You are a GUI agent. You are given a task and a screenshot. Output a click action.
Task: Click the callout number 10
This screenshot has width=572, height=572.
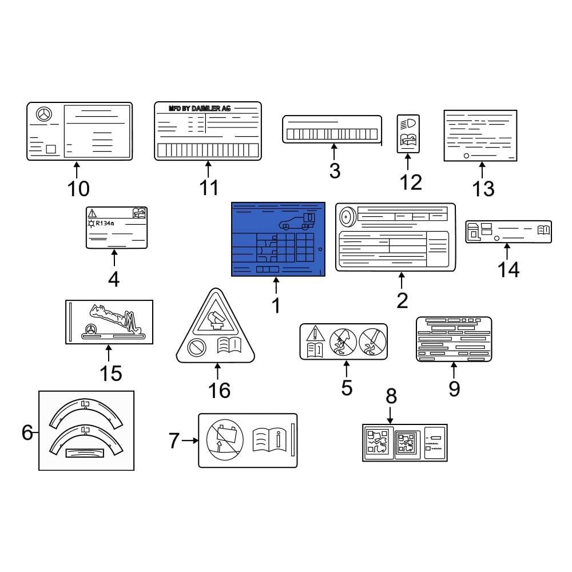pyautogui.click(x=78, y=188)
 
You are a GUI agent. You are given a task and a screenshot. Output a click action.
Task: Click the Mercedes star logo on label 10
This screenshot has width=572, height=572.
pyautogui.click(x=43, y=114)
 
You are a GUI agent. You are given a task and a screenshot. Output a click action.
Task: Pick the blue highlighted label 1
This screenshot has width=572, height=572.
pyautogui.click(x=278, y=239)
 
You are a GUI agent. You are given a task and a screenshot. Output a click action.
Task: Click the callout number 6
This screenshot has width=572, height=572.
pyautogui.click(x=27, y=433)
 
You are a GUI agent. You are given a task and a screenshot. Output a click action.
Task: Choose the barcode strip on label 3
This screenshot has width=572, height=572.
pyautogui.click(x=332, y=134)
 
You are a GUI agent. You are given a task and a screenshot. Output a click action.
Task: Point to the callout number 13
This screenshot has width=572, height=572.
pyautogui.click(x=483, y=188)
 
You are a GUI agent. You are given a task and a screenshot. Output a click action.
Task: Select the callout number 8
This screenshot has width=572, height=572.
pyautogui.click(x=391, y=395)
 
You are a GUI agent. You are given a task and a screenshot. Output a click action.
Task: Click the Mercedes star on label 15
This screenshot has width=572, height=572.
pyautogui.click(x=90, y=329)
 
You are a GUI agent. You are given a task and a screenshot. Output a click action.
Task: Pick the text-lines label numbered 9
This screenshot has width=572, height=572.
pyautogui.click(x=454, y=339)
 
